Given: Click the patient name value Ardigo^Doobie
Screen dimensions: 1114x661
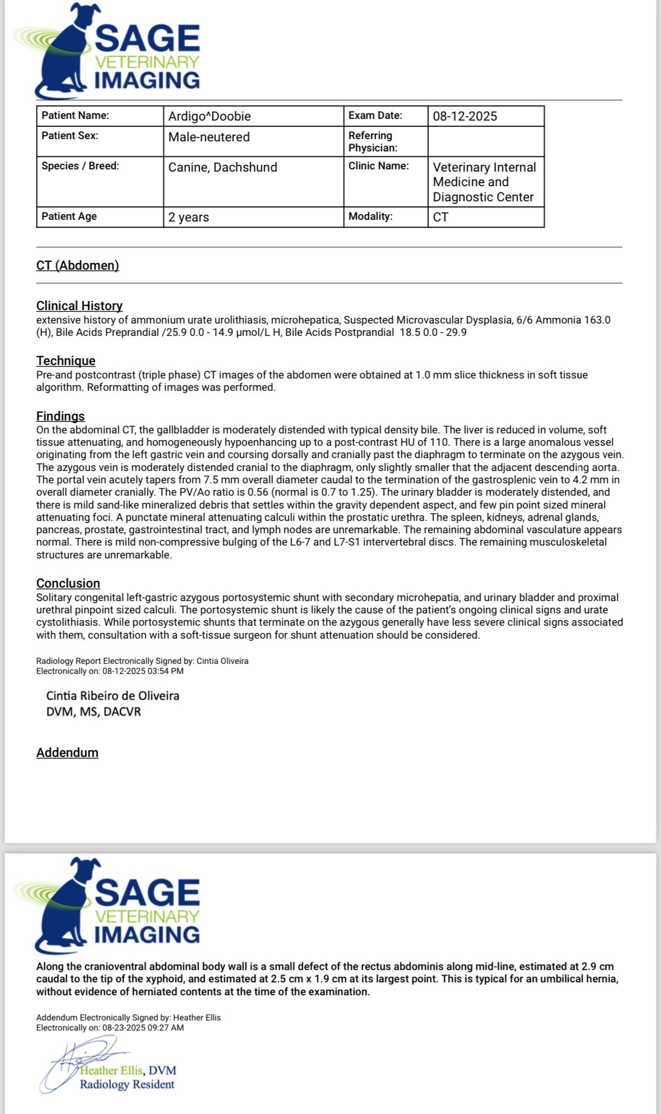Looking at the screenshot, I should click(209, 116).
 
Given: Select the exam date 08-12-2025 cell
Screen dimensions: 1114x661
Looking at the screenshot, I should click(465, 116).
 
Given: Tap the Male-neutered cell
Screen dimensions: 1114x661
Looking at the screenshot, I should click(209, 137).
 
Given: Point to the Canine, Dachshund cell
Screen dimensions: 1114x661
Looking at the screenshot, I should click(223, 167).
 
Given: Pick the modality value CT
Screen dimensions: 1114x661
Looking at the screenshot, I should click(441, 217).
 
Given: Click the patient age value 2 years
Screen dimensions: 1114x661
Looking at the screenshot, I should click(188, 217).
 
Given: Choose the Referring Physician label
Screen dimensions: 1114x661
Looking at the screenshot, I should click(373, 141).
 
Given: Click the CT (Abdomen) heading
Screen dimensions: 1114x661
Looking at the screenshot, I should click(77, 265).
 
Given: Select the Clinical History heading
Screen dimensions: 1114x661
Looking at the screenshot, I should click(79, 306).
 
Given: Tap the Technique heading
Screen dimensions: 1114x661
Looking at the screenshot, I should click(66, 360).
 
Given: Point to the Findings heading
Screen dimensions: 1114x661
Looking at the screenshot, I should click(61, 416).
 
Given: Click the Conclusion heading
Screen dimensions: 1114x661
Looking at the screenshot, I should click(68, 583).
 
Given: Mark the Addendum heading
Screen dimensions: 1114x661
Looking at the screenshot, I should click(67, 752).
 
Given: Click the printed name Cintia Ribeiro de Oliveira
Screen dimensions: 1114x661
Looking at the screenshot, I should click(113, 696).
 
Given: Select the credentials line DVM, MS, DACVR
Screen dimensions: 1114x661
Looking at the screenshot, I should click(94, 711).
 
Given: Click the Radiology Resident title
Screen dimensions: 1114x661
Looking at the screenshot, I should click(127, 1084).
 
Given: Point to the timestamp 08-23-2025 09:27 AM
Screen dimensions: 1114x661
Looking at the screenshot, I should click(143, 1028).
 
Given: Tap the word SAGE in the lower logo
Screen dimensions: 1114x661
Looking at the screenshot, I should click(147, 893).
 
